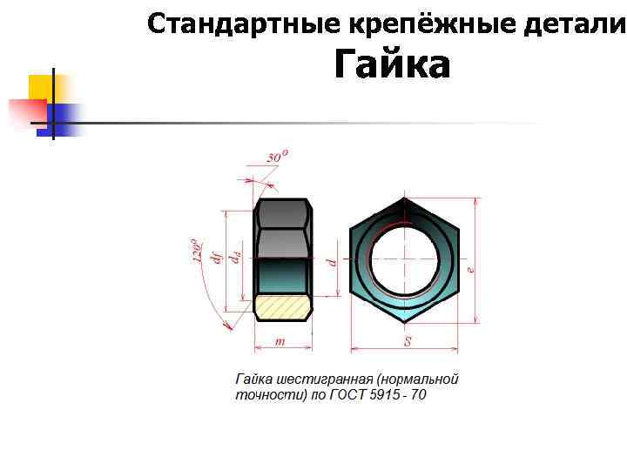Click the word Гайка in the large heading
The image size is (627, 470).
392,66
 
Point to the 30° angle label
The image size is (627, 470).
278,157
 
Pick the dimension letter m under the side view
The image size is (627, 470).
280,341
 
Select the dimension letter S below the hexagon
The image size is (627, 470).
407,341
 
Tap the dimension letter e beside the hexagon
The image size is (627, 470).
471,269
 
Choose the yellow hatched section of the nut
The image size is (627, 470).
283,306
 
